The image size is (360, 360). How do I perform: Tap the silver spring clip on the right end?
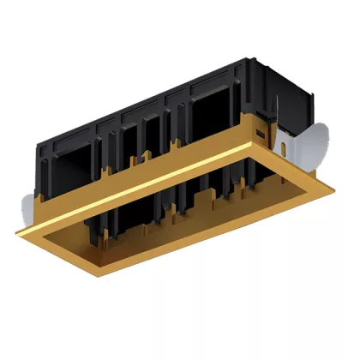(317, 141)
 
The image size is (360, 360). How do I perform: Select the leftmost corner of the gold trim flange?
(15, 231)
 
